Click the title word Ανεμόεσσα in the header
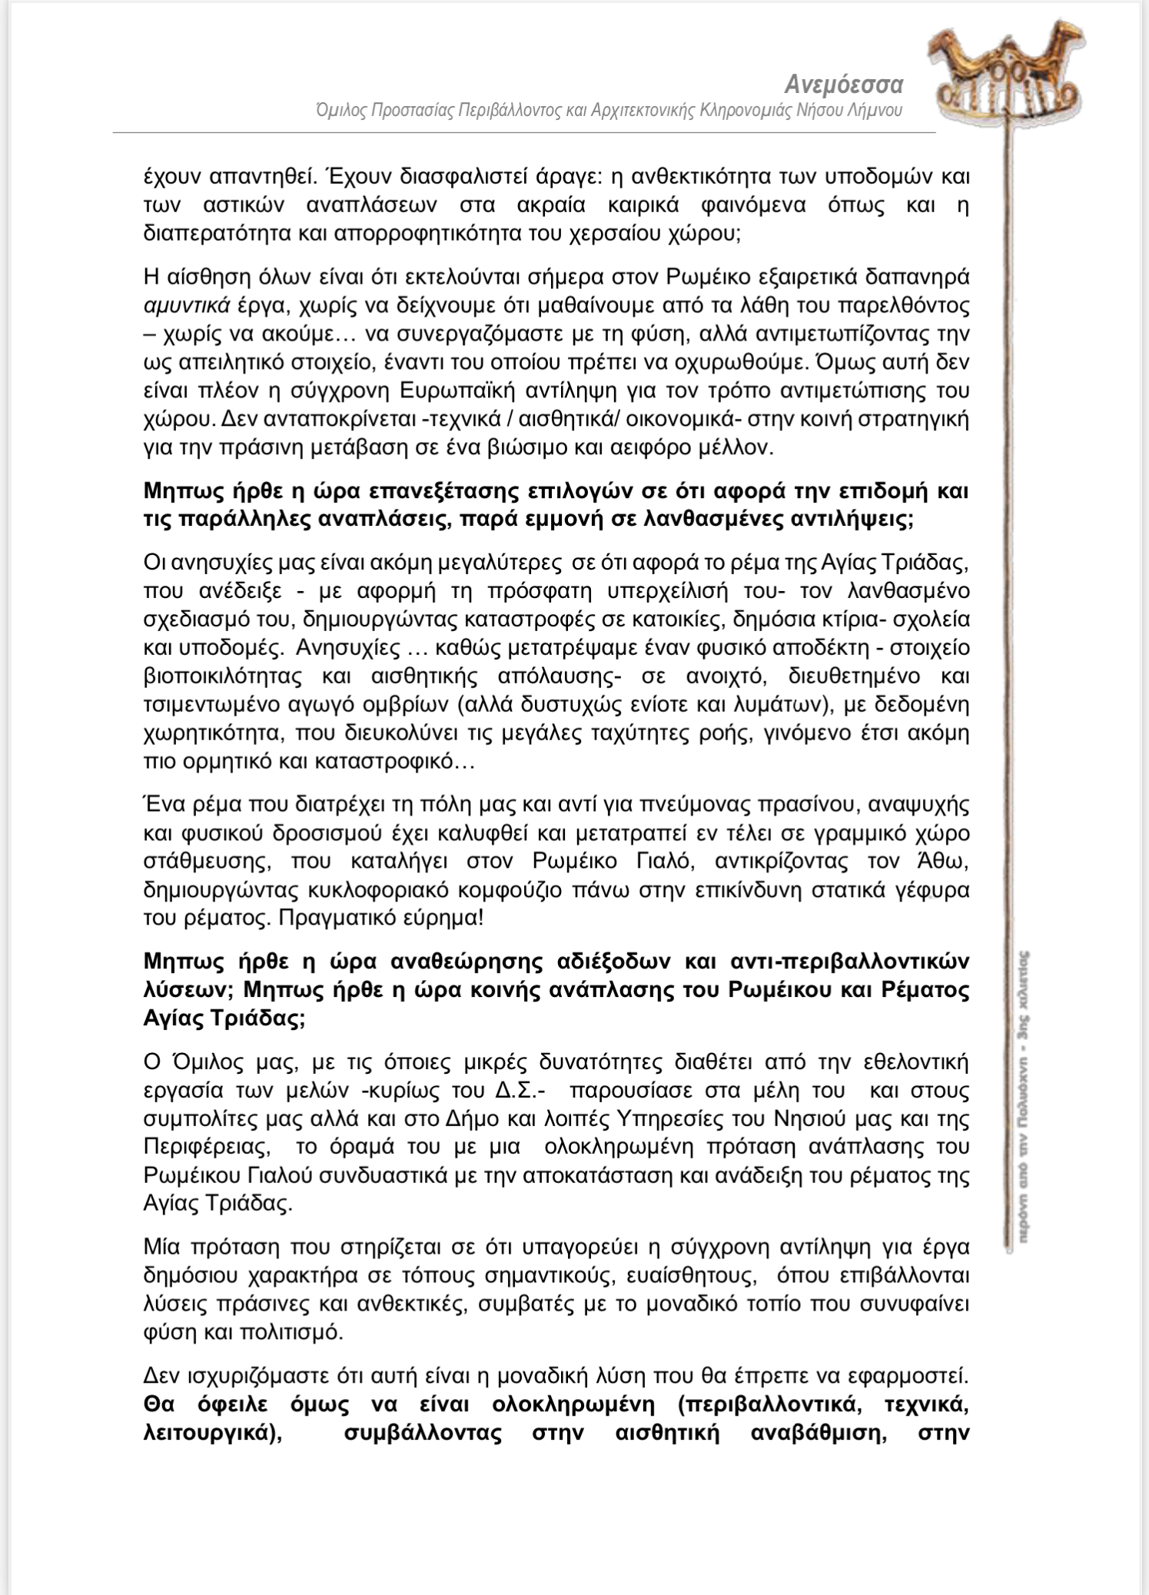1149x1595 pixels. [843, 84]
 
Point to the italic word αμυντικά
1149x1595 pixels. [187, 305]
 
